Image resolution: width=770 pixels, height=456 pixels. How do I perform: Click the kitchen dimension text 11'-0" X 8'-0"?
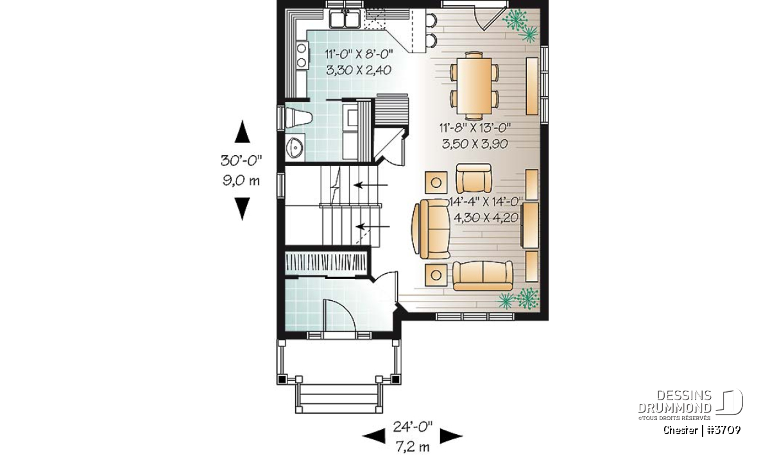(x=359, y=55)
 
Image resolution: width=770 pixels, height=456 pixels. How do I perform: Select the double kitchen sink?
(x=345, y=18)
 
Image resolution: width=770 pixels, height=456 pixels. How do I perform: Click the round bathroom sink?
(x=295, y=148)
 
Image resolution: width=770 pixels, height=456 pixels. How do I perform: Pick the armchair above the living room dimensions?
(x=474, y=178)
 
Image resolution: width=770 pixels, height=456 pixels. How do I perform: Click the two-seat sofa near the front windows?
(x=483, y=276)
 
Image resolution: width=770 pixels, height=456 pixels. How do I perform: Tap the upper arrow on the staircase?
(x=371, y=185)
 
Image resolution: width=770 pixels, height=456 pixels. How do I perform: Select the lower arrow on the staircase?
(x=373, y=226)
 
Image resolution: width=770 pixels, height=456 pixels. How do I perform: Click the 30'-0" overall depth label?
(x=241, y=160)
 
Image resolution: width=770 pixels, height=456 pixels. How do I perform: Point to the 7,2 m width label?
(x=413, y=447)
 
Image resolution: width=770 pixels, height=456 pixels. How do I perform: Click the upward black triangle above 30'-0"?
(x=243, y=131)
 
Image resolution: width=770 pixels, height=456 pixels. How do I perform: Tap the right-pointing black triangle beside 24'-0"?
(x=451, y=436)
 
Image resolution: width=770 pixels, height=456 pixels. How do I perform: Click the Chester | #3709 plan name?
(x=702, y=430)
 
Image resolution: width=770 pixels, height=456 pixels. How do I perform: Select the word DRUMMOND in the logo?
(x=675, y=408)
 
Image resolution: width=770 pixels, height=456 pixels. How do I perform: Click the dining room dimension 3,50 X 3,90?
(x=475, y=144)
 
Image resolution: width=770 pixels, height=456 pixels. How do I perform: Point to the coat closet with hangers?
(x=327, y=264)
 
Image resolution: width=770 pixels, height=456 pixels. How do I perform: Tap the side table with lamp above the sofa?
(x=436, y=182)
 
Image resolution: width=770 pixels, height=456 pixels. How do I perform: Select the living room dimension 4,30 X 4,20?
(x=486, y=217)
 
